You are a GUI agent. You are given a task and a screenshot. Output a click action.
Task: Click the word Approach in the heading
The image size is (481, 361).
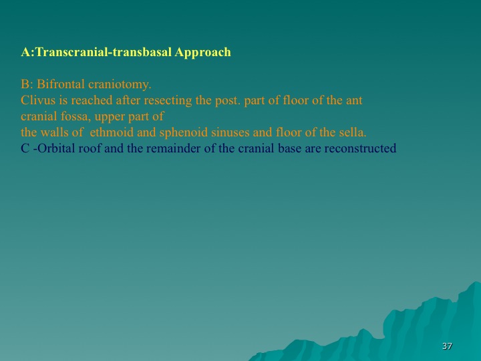pyautogui.click(x=202, y=53)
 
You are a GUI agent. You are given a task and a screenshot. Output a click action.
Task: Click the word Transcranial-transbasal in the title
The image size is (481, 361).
pyautogui.click(x=104, y=52)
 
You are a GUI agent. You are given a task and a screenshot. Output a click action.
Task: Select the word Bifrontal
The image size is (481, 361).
pyautogui.click(x=60, y=84)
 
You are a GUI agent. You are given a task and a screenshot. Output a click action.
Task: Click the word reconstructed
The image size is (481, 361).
pyautogui.click(x=361, y=148)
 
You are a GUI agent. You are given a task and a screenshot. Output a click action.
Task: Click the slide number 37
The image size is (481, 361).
pyautogui.click(x=447, y=346)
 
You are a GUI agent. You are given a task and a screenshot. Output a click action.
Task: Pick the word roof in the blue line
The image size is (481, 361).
pyautogui.click(x=90, y=148)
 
